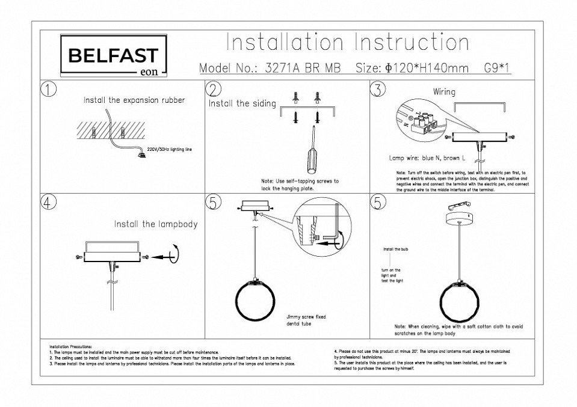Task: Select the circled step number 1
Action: point(49,90)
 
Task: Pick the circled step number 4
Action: point(49,203)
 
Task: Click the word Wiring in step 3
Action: point(444,92)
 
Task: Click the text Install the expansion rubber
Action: point(134,100)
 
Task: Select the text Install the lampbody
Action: point(156,224)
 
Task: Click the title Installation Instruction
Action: point(347,43)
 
